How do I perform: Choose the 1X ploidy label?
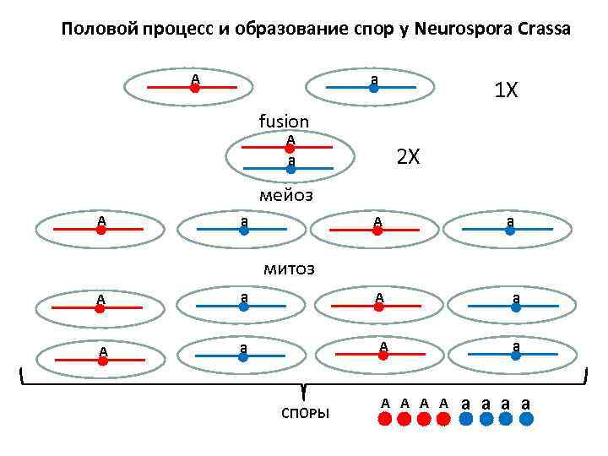click(506, 90)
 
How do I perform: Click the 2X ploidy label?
click(408, 157)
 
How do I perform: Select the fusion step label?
click(284, 122)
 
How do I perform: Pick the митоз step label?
click(289, 269)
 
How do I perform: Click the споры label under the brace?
click(305, 413)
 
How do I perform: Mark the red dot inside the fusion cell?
click(290, 148)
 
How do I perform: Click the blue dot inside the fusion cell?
click(290, 169)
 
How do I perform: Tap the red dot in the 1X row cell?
click(194, 87)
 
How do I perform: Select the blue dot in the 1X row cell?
click(372, 87)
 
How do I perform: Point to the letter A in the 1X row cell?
click(195, 79)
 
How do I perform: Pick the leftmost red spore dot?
click(385, 419)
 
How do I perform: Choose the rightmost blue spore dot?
click(527, 419)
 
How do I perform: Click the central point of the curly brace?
click(302, 390)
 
